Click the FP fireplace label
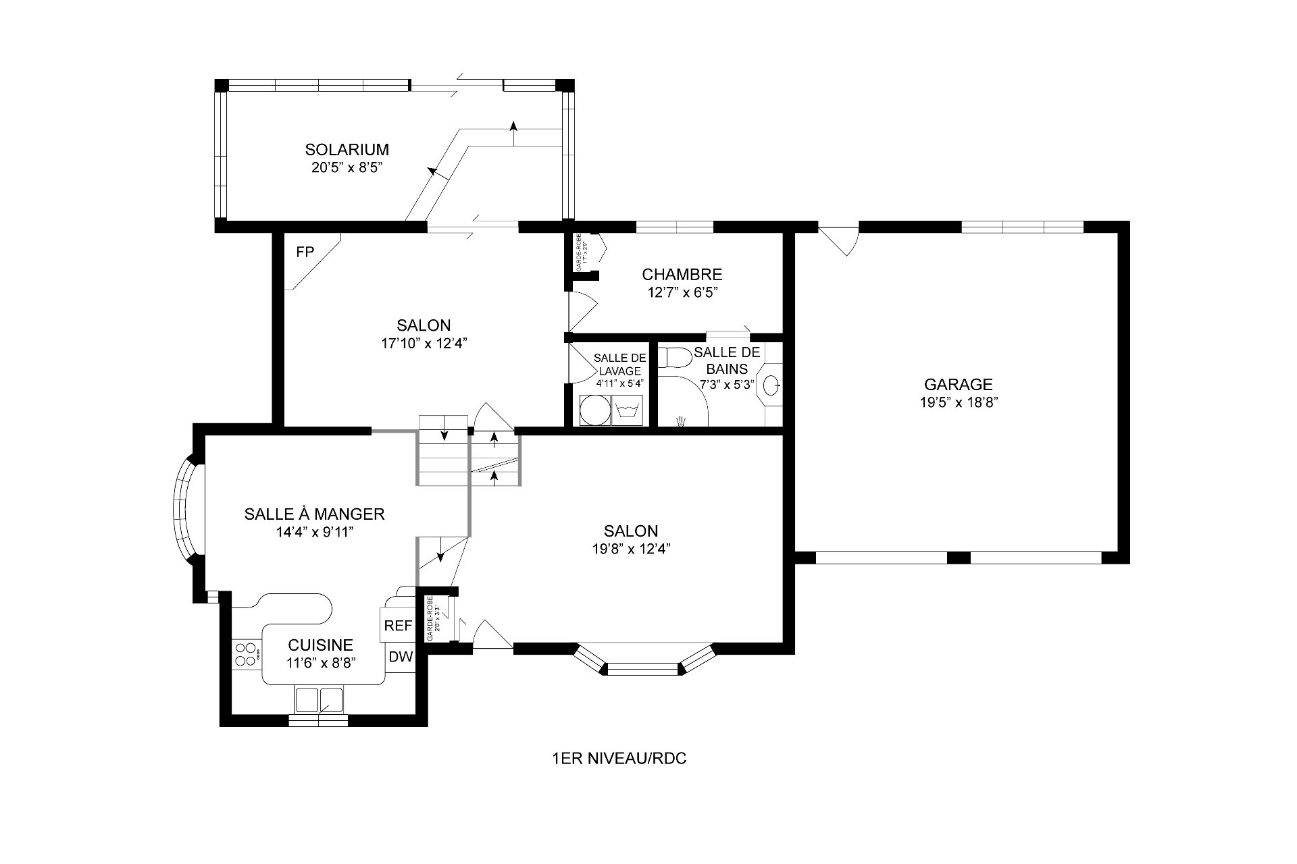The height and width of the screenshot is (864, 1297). click(305, 252)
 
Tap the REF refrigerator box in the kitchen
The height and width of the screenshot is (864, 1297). click(398, 626)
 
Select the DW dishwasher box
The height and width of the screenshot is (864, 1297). click(401, 656)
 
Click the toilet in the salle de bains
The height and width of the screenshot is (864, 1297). click(673, 357)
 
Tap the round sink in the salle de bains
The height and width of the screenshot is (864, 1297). click(771, 385)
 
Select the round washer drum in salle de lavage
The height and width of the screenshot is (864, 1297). click(592, 410)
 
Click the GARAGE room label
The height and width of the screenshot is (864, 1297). click(958, 385)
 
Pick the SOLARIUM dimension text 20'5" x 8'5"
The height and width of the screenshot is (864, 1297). click(347, 167)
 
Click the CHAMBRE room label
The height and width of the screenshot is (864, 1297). click(682, 275)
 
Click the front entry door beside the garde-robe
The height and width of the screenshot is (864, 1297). click(492, 637)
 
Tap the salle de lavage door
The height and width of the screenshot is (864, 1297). click(582, 364)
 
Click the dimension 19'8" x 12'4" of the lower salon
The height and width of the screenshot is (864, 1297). click(631, 549)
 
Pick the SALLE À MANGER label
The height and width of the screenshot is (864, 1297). click(314, 514)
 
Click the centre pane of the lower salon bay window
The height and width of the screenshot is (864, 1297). click(642, 669)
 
